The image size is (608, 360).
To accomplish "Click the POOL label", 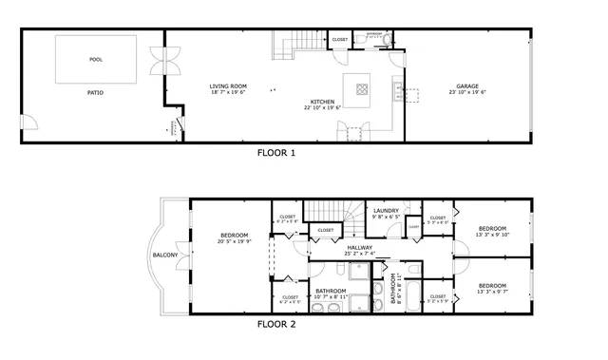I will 95,59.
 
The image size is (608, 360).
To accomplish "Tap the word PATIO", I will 95,92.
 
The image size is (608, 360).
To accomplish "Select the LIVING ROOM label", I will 227,86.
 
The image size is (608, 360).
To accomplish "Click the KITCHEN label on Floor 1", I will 324,102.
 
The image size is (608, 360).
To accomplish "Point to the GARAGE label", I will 465,86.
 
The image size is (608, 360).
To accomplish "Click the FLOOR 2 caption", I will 276,324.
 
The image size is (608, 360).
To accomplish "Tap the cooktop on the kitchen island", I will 362,90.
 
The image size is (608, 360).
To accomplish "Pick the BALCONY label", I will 165,255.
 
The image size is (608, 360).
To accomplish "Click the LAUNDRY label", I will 386,211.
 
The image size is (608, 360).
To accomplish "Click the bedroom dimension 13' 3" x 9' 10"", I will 492,235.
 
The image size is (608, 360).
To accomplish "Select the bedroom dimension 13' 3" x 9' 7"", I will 492,292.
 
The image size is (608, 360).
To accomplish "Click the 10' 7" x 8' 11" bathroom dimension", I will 331,297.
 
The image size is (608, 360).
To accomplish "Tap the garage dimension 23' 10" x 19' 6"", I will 465,93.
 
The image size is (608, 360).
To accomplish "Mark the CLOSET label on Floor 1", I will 339,39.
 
